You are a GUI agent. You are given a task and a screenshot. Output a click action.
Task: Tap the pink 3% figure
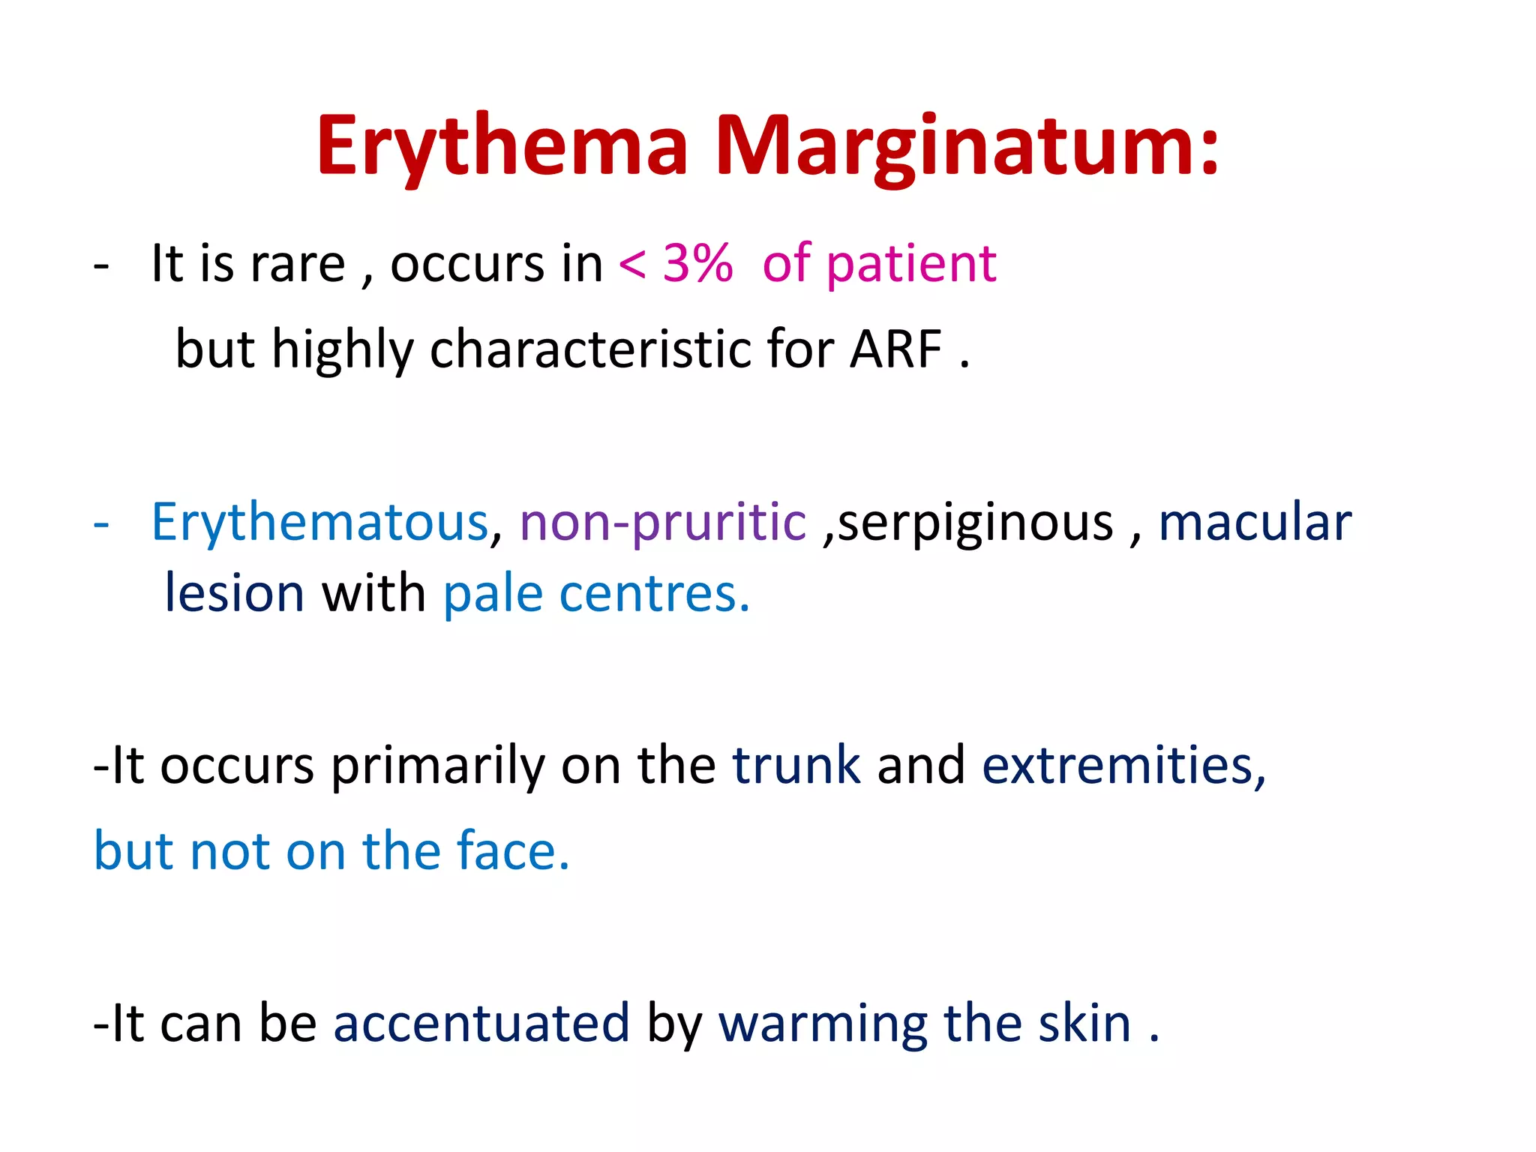[x=697, y=264]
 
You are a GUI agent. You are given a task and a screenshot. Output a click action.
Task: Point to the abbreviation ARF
[x=895, y=349]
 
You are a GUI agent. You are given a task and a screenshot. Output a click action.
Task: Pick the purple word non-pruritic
[x=663, y=522]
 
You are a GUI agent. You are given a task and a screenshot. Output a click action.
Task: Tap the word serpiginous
[x=975, y=522]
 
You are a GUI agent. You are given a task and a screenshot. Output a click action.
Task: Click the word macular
[x=1255, y=522]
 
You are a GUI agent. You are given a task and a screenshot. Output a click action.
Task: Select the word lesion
[x=234, y=593]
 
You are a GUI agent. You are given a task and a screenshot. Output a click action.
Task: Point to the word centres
[x=654, y=593]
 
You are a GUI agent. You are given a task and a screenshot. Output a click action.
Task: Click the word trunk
[x=796, y=766]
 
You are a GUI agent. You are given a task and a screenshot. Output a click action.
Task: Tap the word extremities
[x=1123, y=766]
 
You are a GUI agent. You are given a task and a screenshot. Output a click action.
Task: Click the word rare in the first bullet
[x=298, y=264]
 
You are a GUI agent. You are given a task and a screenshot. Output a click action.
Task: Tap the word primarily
[x=436, y=766]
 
